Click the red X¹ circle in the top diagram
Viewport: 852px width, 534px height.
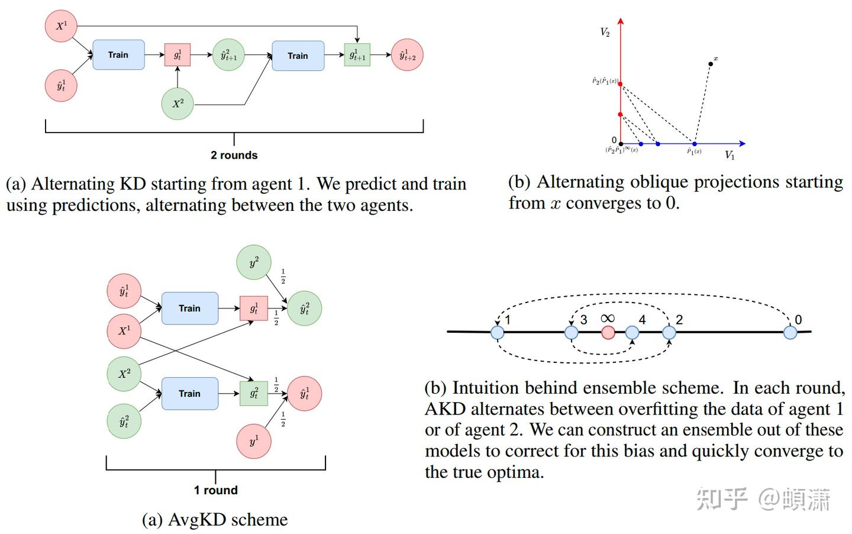[62, 26]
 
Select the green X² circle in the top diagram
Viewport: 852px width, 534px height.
[177, 104]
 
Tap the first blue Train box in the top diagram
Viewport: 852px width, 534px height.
[118, 55]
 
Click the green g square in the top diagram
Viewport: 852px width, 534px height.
[357, 55]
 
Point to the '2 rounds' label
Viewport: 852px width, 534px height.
[234, 155]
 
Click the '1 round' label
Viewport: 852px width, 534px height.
[215, 490]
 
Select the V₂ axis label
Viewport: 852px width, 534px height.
[605, 32]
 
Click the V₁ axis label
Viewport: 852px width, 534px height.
[730, 155]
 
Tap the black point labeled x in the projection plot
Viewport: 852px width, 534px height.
[711, 63]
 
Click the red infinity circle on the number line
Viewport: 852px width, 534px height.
[608, 332]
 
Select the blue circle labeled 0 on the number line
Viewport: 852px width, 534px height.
[790, 332]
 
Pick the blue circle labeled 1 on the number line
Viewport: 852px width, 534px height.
[498, 332]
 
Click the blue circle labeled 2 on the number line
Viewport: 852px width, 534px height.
[669, 332]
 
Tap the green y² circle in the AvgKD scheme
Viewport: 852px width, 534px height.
[254, 263]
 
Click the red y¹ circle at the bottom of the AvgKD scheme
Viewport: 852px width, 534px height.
[254, 441]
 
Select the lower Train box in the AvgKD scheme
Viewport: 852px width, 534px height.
[189, 394]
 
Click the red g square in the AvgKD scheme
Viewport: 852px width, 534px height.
[254, 308]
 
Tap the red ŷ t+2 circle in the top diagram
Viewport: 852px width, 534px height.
[407, 55]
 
